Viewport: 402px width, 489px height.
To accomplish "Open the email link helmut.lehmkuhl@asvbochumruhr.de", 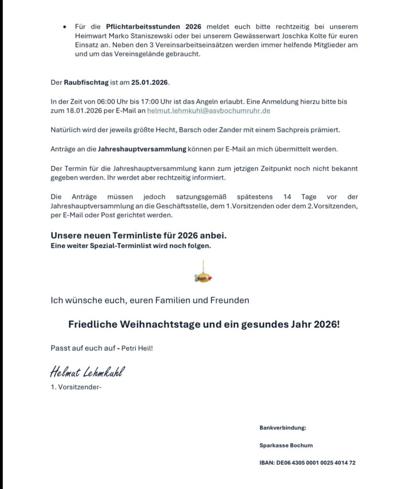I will tap(209, 110).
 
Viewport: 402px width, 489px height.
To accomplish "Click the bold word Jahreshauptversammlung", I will tap(141, 149).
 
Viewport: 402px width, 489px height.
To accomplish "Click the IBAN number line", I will tap(307, 463).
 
